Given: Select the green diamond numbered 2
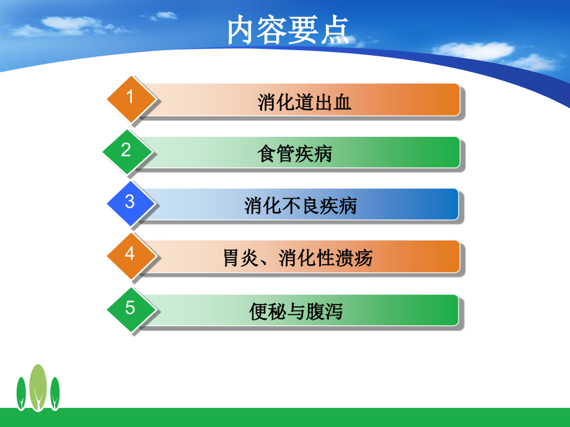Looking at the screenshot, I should [126, 150].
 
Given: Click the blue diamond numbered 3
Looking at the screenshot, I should [130, 202].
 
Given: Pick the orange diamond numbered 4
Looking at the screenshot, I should [130, 254].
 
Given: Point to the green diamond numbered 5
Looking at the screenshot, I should [130, 308].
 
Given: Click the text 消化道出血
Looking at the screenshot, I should [304, 101].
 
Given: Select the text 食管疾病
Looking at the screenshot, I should [295, 153].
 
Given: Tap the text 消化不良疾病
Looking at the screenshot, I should [300, 205].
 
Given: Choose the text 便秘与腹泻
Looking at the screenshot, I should [296, 311].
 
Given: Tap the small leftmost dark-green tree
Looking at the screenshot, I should [22, 393].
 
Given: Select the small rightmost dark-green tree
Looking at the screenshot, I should [55, 393].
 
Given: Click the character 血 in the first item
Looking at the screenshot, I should [342, 101].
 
